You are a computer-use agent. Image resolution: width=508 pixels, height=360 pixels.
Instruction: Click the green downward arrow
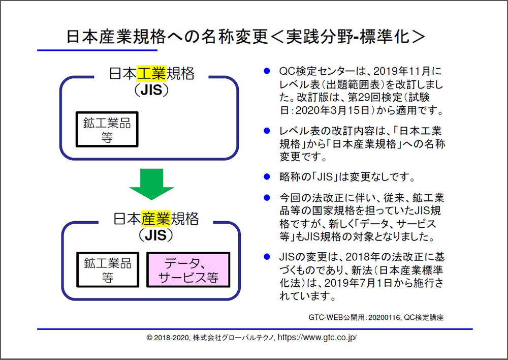[151, 184]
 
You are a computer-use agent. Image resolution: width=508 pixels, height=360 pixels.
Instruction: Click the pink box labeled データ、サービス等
[188, 270]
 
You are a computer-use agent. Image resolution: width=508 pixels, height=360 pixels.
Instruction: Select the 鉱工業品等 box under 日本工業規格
[107, 129]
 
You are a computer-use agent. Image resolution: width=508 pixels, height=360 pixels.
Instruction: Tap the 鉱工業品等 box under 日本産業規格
[108, 270]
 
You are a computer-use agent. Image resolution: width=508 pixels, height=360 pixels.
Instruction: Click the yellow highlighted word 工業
[151, 73]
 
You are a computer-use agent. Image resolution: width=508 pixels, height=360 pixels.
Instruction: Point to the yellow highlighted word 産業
[155, 219]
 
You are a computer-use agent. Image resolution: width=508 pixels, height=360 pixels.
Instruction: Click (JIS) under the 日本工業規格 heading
[151, 90]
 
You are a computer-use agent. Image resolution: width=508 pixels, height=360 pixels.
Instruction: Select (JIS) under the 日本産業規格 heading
[156, 235]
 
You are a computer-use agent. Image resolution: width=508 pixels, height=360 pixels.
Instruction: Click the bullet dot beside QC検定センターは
[267, 71]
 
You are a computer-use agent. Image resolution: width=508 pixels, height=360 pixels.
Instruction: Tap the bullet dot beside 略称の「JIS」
[267, 177]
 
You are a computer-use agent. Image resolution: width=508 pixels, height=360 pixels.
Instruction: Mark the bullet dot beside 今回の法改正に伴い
[267, 197]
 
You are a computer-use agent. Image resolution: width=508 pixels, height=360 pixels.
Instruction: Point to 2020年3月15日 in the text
[333, 111]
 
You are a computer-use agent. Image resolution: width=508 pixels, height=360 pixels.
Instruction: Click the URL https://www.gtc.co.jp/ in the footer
[317, 337]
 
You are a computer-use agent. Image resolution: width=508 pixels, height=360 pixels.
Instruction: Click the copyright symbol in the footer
[149, 338]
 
